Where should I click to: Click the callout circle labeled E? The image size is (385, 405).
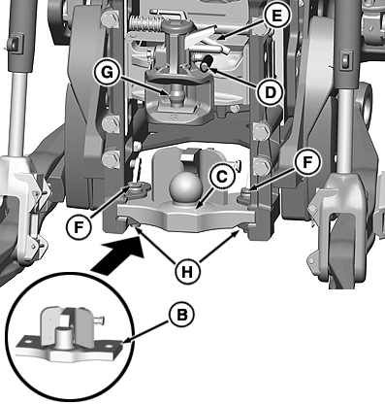point(276,17)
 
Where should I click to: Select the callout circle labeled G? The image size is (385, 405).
point(107,73)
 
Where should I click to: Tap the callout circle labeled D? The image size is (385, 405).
point(271,93)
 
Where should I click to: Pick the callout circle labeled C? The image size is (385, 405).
point(222,177)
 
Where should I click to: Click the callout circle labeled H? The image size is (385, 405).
point(187,271)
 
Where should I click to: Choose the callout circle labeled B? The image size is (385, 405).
point(181,315)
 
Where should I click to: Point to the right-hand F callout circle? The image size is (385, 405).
point(307,162)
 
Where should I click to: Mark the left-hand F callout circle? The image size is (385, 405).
point(79,227)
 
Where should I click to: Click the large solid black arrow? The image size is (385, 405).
point(119,254)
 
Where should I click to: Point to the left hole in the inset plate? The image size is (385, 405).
point(29,342)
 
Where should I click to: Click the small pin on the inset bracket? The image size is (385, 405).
point(99,321)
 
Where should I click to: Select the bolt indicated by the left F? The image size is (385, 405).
point(135,186)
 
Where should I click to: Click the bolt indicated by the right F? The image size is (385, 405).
point(246,193)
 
